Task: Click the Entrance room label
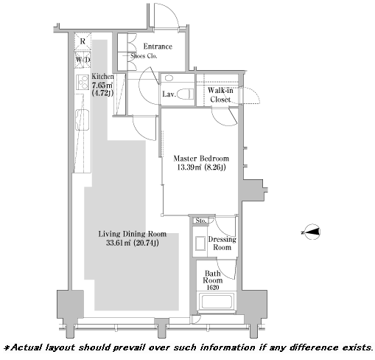(x=158, y=46)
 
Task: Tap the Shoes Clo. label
(x=144, y=56)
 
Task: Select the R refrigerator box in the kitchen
(x=83, y=41)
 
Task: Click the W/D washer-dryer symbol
(x=83, y=60)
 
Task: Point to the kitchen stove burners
(x=83, y=82)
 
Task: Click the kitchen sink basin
(x=83, y=120)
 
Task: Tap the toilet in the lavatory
(x=186, y=94)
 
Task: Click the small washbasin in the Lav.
(x=169, y=78)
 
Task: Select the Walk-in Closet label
(x=220, y=95)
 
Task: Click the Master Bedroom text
(x=201, y=158)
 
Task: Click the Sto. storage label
(x=201, y=221)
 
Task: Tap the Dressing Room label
(x=222, y=243)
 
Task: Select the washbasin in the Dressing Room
(x=200, y=243)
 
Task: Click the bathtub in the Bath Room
(x=217, y=302)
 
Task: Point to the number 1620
(x=213, y=287)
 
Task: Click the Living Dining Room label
(x=133, y=234)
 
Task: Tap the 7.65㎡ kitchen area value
(x=102, y=86)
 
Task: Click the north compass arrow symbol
(x=311, y=232)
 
